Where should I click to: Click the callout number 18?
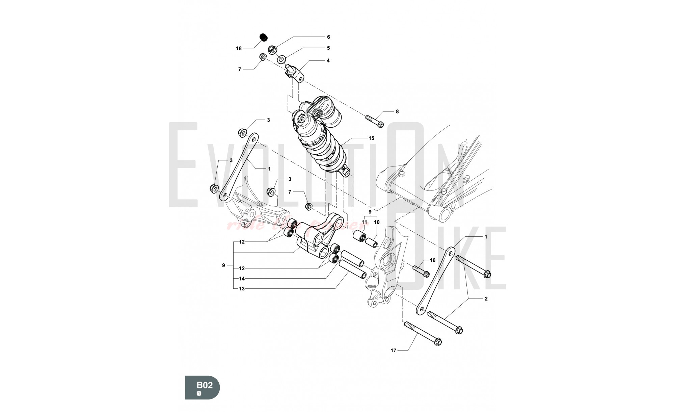pos(239,49)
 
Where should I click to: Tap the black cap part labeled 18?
pos(263,36)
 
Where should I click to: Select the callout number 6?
pos(328,37)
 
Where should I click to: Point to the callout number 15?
pos(371,138)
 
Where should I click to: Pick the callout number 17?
pos(393,351)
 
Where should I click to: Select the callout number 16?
pos(432,260)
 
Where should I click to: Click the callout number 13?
pos(242,289)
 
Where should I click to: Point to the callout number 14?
pos(242,279)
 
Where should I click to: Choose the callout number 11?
pos(364,222)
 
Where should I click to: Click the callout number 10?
pos(377,222)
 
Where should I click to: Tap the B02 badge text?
pos(205,385)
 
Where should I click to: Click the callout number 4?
pos(328,61)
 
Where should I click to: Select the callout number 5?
pos(328,48)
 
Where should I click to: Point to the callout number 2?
pos(486,299)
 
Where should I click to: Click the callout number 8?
pos(397,111)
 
